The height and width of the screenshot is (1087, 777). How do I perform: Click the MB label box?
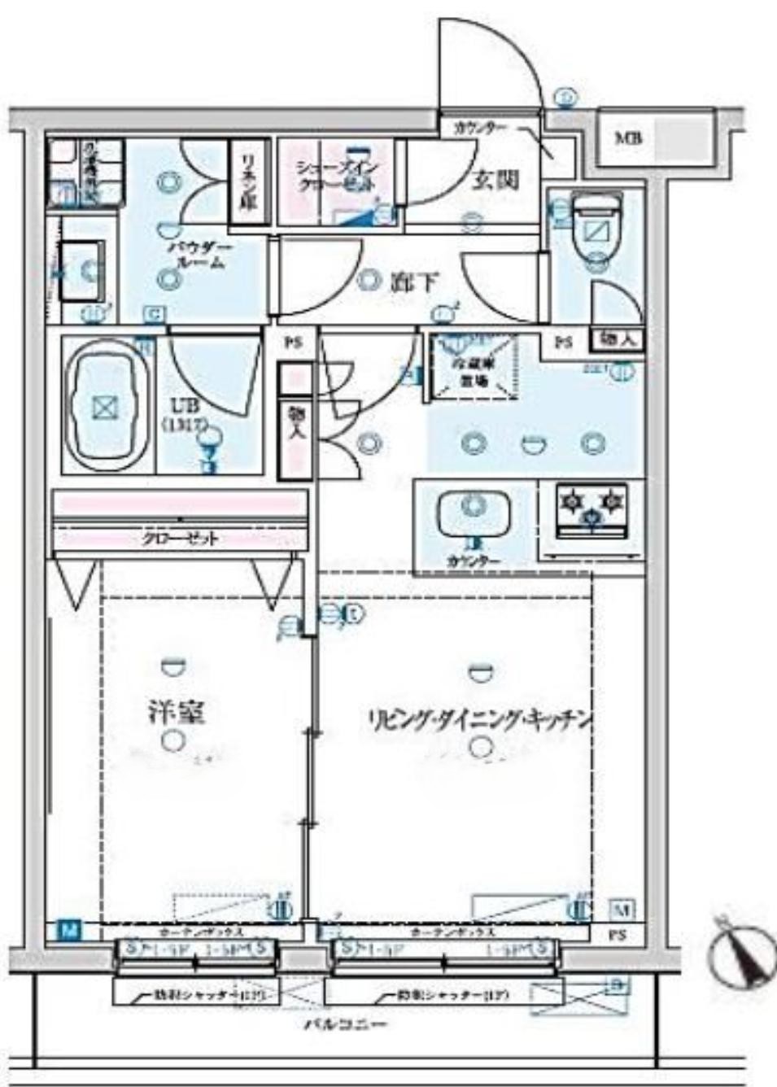pos(628,138)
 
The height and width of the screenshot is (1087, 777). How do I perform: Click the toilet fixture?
pos(597,229)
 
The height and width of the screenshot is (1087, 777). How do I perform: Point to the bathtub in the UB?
pos(105,406)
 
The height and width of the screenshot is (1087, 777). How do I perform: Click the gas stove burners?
pos(591,508)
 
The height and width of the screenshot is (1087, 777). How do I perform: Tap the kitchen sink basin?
pos(474,510)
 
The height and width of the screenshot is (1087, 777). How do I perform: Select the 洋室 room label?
pos(177,713)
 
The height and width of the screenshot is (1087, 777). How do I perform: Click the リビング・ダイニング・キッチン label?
pos(479,719)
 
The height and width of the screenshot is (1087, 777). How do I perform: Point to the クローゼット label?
pos(180,538)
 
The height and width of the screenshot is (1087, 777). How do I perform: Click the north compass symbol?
pos(741,951)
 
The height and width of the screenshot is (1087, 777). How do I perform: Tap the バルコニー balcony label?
pos(345,1024)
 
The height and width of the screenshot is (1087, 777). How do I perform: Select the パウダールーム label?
pos(200,255)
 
